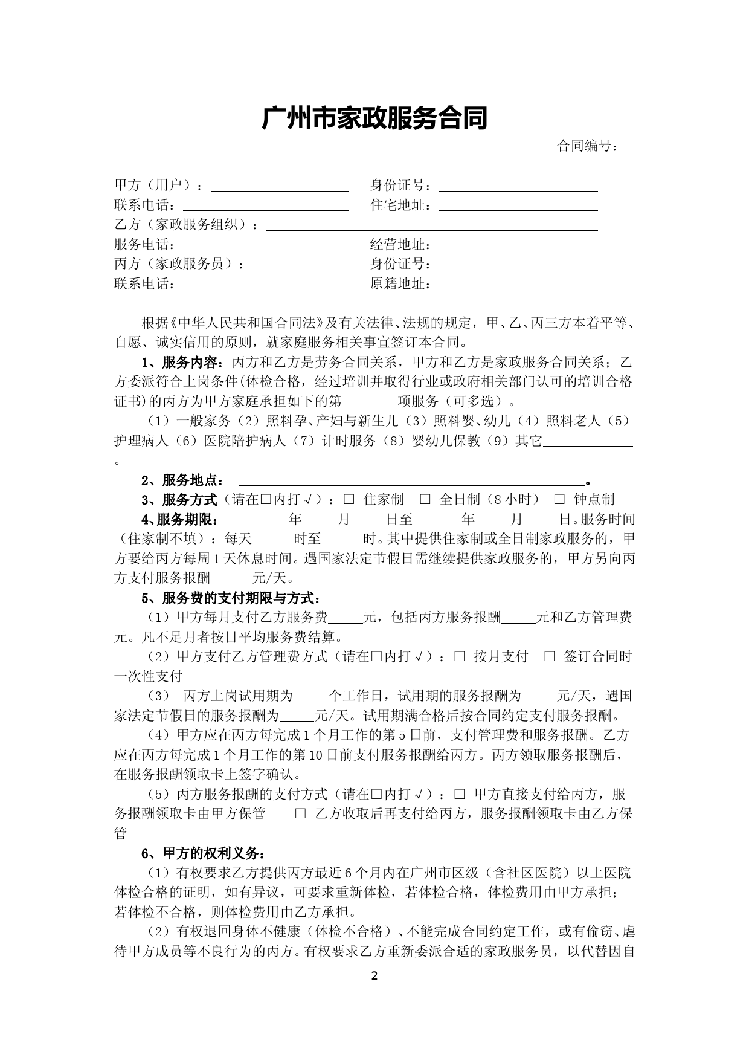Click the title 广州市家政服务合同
[x=374, y=119]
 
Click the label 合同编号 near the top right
[x=587, y=146]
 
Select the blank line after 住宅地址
[x=518, y=207]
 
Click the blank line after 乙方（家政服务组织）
[x=431, y=226]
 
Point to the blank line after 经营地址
[x=518, y=246]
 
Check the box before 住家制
[x=349, y=499]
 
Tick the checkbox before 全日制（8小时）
[x=425, y=499]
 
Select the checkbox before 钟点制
[x=559, y=499]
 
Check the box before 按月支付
[x=460, y=656]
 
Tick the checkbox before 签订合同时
[x=549, y=656]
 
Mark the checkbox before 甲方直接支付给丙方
[x=460, y=794]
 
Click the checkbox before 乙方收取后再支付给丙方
[x=300, y=813]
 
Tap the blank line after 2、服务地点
[x=412, y=481]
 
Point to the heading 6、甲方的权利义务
[x=202, y=853]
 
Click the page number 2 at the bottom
[x=374, y=976]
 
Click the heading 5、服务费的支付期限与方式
[x=230, y=598]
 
